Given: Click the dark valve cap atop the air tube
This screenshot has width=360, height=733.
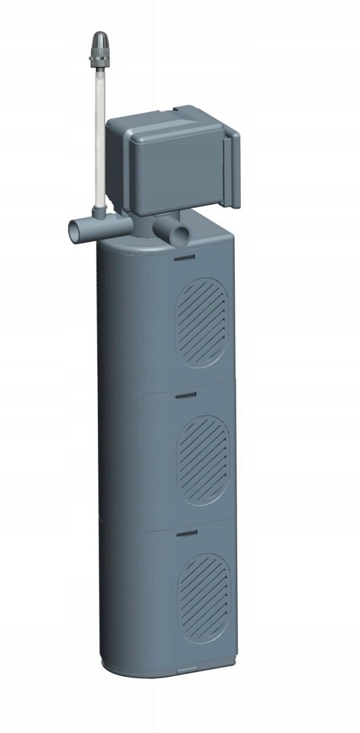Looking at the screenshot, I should [x=98, y=41].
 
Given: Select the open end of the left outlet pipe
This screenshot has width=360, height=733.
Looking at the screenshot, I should [x=73, y=230].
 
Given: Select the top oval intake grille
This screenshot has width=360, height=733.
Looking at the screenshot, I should [x=202, y=323].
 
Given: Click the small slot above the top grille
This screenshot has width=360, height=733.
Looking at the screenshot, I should [x=184, y=258].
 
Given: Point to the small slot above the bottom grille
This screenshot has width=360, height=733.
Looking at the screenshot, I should [x=186, y=533].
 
